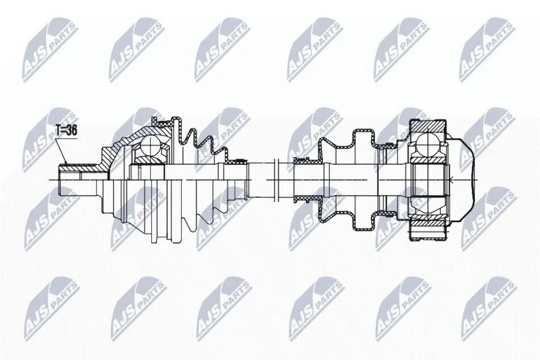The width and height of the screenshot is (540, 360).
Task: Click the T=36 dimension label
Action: (67, 130)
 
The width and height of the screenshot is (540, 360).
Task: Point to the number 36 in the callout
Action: (71, 130)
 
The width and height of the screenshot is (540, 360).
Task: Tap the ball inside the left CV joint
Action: (150, 146)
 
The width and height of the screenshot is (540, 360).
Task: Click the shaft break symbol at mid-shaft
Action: (276, 180)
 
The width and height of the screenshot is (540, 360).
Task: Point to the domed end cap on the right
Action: (462, 179)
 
